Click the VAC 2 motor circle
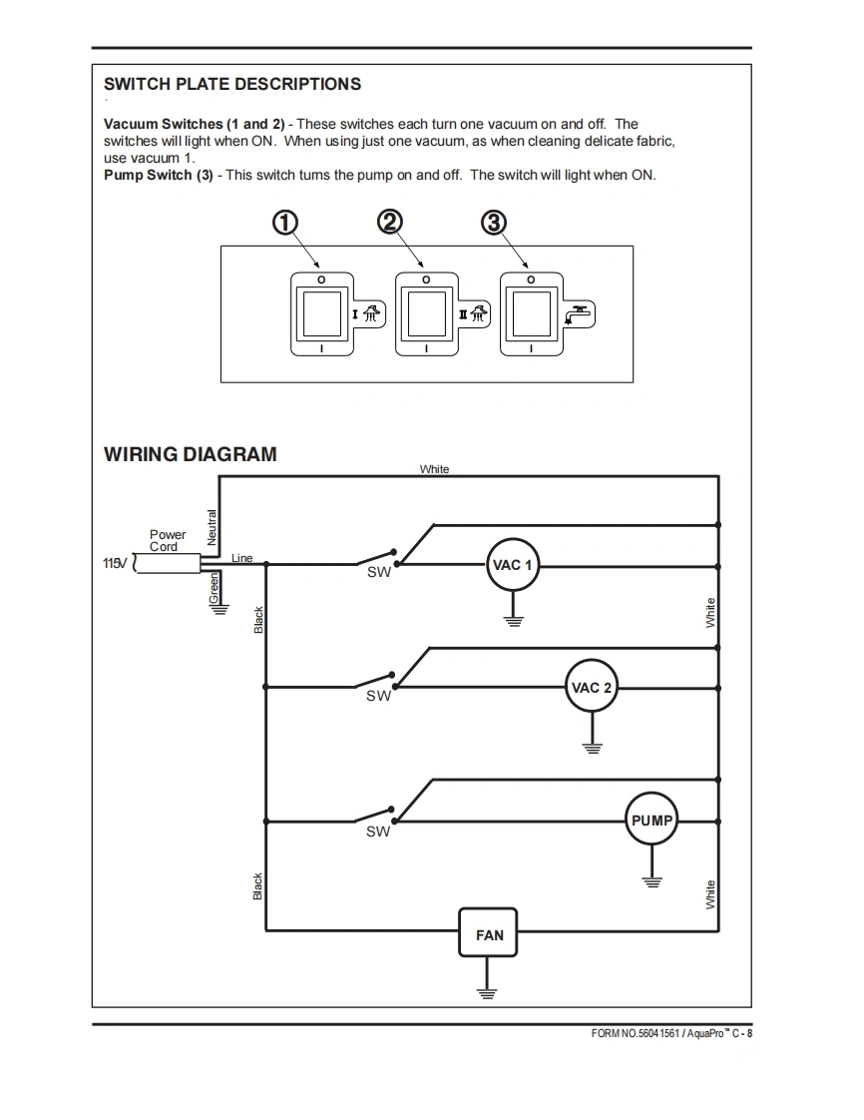click(x=592, y=687)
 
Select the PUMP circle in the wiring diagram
click(x=651, y=821)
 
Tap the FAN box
click(x=489, y=934)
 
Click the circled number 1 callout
click(x=285, y=223)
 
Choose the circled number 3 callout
click(x=493, y=223)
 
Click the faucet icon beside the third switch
click(x=578, y=313)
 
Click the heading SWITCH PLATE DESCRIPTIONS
click(x=232, y=84)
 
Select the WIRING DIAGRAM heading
click(x=191, y=454)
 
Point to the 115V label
click(x=116, y=564)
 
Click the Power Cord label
click(x=168, y=540)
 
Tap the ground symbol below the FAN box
click(x=487, y=992)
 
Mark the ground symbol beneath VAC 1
click(x=513, y=620)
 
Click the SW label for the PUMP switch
click(x=378, y=831)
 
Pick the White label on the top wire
click(x=434, y=468)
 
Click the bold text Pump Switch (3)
click(x=158, y=175)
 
